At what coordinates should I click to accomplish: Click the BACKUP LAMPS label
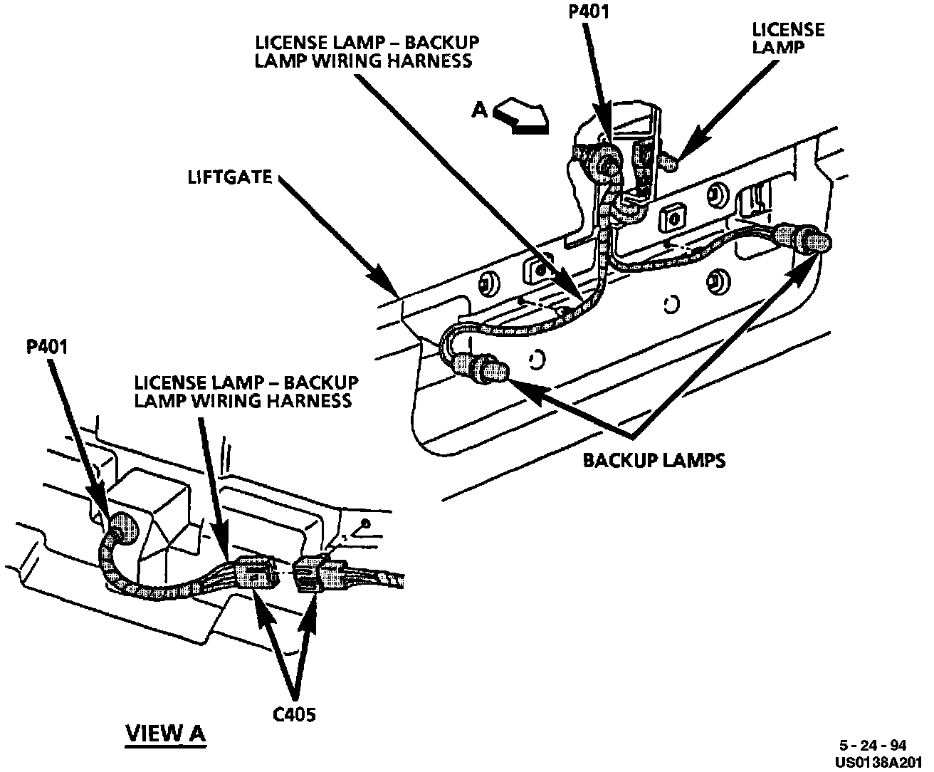[x=654, y=460]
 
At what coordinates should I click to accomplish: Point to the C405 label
[x=294, y=713]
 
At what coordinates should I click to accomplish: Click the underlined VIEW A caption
[x=165, y=733]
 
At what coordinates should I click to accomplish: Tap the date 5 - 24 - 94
[x=872, y=746]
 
